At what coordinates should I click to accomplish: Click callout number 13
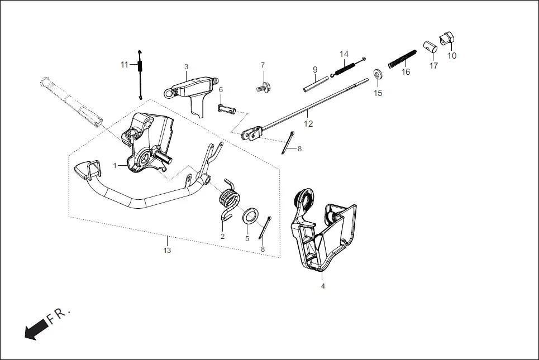coord(167,251)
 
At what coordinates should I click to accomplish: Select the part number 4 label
coord(322,286)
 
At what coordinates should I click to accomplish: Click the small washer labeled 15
coord(378,74)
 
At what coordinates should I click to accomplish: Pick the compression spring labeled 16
coord(402,59)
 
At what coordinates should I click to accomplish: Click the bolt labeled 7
coord(263,88)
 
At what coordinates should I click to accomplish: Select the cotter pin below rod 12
coord(288,142)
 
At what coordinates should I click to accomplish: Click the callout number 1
coord(115,166)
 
